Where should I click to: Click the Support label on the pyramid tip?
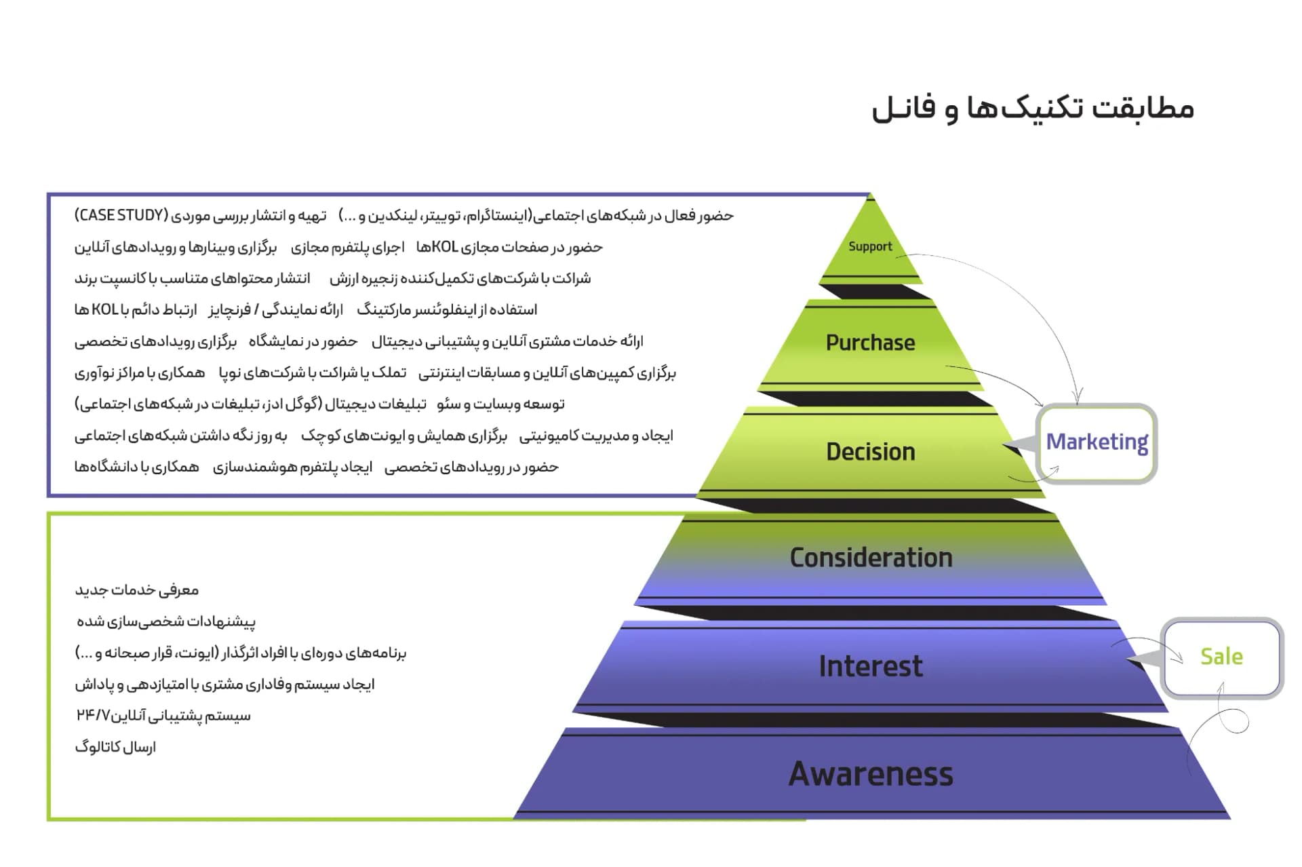pos(870,246)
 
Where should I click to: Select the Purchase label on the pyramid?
pos(870,343)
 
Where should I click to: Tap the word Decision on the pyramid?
pos(870,452)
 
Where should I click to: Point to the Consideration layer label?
pos(871,558)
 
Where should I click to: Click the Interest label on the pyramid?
pos(870,666)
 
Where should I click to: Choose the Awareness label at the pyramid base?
pos(871,774)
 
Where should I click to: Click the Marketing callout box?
pos(1097,442)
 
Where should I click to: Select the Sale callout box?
pos(1221,657)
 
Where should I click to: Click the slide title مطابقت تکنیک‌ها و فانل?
pos(1032,109)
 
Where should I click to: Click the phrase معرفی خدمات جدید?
pos(137,590)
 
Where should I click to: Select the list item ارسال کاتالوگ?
pos(115,748)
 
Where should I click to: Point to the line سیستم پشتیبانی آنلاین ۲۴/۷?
pos(163,716)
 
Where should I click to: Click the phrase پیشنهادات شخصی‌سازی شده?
pos(166,621)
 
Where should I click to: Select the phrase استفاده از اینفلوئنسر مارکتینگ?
pos(447,310)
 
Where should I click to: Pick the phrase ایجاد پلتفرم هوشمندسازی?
pos(292,467)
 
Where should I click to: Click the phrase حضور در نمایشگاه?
pos(302,341)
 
